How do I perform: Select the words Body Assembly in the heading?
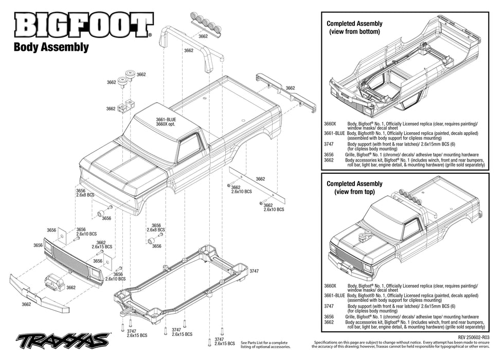pyautogui.click(x=51, y=47)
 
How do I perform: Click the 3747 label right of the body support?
pyautogui.click(x=254, y=271)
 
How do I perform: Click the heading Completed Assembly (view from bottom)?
pyautogui.click(x=354, y=28)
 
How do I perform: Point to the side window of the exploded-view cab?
pyautogui.click(x=188, y=148)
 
